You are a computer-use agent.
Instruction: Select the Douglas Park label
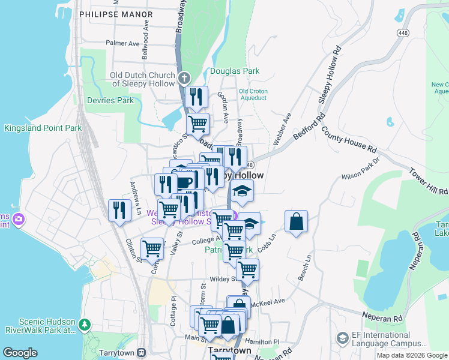click(235, 71)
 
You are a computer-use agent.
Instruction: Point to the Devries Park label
click(110, 100)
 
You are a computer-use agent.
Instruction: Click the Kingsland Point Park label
click(43, 128)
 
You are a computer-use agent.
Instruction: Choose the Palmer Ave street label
click(122, 43)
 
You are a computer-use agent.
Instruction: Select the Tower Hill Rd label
click(429, 181)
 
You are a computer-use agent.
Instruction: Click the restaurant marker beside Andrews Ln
click(119, 210)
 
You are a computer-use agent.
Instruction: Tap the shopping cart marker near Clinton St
click(152, 247)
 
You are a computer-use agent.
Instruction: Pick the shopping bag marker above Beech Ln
click(296, 221)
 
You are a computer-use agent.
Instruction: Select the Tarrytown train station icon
click(142, 352)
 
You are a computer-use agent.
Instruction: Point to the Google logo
click(20, 353)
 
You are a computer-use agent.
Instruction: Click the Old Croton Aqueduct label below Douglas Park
click(253, 95)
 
